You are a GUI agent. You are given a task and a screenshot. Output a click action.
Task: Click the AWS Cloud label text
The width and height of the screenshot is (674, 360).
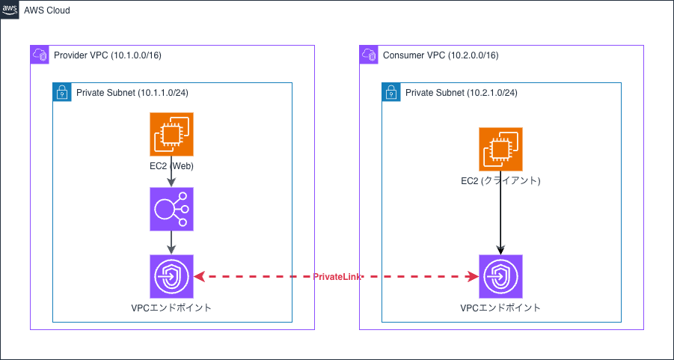pos(47,10)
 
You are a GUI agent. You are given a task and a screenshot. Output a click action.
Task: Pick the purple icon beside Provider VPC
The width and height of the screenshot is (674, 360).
pos(39,55)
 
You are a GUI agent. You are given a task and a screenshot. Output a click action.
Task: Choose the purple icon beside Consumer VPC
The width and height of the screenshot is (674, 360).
pos(368,55)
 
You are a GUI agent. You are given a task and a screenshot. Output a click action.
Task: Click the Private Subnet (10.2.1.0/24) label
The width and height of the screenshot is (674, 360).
pos(462,93)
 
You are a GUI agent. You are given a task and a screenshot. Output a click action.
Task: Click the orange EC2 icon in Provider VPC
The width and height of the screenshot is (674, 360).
pos(171,135)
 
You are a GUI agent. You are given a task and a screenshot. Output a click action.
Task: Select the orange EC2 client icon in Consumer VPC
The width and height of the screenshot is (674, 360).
pos(500,150)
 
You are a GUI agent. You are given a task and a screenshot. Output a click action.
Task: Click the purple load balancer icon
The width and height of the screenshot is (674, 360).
pos(171,210)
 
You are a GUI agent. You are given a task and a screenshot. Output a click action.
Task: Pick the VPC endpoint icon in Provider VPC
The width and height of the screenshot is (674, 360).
pos(171,277)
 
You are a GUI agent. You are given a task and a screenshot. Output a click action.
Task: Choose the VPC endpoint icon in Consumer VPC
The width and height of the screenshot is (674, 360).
pos(500,277)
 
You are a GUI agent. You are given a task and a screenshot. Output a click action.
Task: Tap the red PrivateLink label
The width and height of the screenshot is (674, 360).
pos(336,278)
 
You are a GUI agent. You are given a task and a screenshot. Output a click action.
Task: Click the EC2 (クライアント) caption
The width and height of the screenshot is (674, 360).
pos(500,181)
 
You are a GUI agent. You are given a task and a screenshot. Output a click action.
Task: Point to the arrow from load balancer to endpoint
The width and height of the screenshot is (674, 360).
pos(171,242)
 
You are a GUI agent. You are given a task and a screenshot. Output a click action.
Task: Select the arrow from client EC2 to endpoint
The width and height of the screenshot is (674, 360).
pos(500,217)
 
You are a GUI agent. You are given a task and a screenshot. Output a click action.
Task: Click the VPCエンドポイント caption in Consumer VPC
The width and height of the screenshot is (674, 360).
pos(500,308)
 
